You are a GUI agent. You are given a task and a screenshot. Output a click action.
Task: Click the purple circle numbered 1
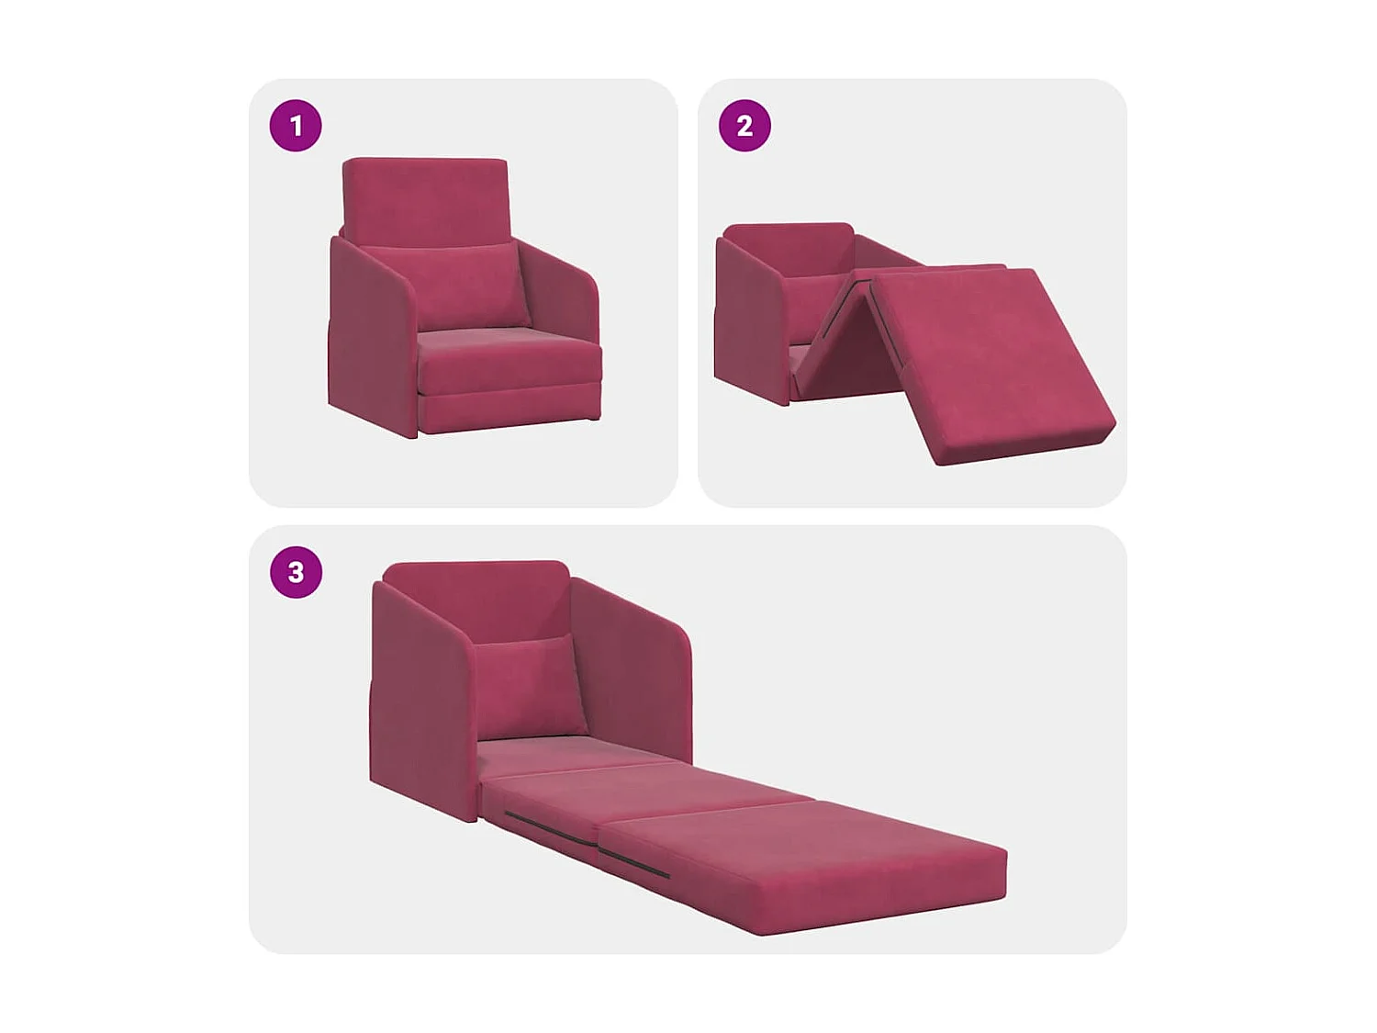(296, 125)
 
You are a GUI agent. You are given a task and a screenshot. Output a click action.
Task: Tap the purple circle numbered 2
(744, 125)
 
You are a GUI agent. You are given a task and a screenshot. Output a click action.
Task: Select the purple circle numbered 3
(296, 572)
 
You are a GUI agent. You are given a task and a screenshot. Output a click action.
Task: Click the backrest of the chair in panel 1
(425, 197)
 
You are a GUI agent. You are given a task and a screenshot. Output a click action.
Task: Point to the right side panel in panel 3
(633, 670)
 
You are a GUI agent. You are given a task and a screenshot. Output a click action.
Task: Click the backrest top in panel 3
(477, 588)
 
